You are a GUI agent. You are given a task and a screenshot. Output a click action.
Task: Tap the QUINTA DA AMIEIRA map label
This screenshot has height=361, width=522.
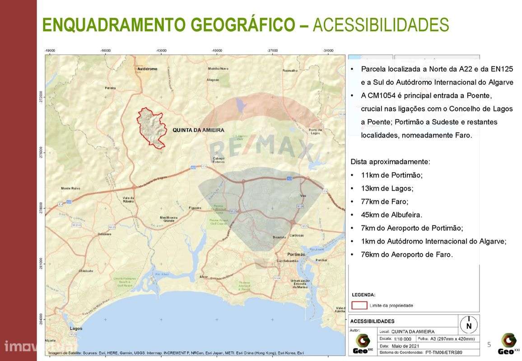coord(198,130)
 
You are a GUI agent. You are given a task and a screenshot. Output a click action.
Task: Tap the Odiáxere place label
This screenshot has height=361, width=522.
coord(104,234)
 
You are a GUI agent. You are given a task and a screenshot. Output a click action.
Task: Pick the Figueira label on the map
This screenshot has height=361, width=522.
coord(195,208)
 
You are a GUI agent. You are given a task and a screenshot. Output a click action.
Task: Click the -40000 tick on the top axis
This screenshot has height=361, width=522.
coord(217,51)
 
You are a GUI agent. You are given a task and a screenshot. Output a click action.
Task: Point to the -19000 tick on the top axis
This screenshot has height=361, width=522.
coord(50,51)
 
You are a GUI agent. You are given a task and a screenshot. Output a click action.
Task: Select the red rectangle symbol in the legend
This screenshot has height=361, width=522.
coord(359,305)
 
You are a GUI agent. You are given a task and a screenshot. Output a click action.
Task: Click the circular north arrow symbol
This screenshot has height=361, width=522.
coord(469,324)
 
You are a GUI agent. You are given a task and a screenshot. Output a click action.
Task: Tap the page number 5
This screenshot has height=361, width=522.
coord(489,344)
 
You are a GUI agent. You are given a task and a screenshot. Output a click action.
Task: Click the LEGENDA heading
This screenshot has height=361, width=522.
coord(363,295)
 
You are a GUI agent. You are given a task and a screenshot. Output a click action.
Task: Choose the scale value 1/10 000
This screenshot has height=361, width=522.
coord(402,338)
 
